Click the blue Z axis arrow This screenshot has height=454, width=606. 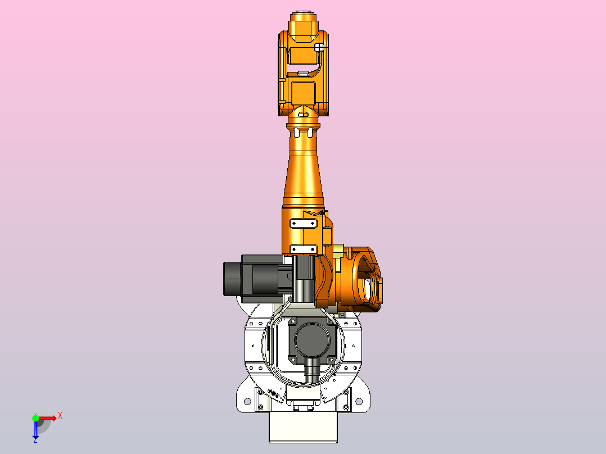[35, 429]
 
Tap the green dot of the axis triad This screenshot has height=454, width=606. [35, 417]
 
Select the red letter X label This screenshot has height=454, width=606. [60, 415]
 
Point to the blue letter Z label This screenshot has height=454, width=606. [35, 441]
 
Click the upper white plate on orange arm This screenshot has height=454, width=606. [302, 223]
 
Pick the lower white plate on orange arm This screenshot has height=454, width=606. [302, 249]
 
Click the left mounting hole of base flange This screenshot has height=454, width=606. [246, 402]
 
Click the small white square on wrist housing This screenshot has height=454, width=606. [319, 48]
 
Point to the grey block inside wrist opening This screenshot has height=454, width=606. [302, 73]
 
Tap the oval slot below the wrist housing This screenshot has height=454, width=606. [303, 115]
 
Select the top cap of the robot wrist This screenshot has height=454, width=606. [304, 19]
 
